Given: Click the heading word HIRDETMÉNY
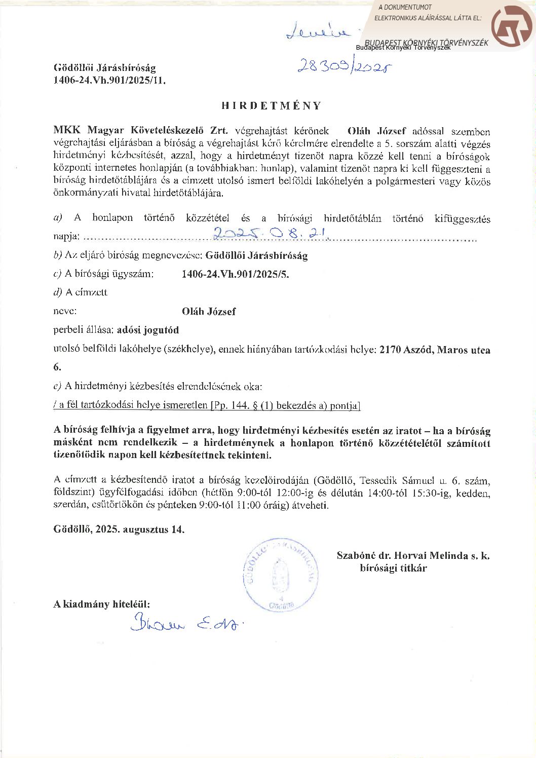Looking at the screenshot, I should click(272, 105).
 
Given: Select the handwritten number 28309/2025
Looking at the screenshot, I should click(344, 66).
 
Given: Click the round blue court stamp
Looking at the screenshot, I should click(281, 575).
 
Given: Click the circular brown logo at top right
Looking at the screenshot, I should click(512, 26).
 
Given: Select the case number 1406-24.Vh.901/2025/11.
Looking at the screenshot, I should click(109, 80).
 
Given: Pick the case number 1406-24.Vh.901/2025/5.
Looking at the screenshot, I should click(235, 274).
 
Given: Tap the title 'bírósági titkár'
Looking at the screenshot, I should click(393, 568).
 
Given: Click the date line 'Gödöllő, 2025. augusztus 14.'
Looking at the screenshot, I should click(119, 529).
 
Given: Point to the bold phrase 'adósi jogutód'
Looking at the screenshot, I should click(148, 330).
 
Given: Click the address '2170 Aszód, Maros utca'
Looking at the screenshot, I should click(435, 350).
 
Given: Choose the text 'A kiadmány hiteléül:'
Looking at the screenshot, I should click(102, 604).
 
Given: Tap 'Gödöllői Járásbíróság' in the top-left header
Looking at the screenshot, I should click(105, 68).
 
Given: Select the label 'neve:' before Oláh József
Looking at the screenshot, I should click(65, 311).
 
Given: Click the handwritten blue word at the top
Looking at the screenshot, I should click(318, 31).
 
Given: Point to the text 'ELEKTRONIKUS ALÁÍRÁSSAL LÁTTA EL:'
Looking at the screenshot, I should click(428, 18).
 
